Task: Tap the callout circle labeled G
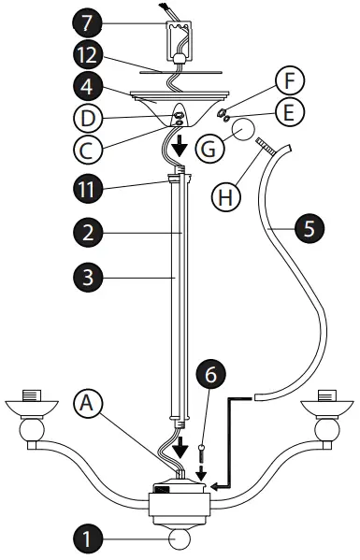click(x=210, y=146)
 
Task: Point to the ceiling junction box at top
click(x=178, y=43)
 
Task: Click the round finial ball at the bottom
click(x=178, y=540)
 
